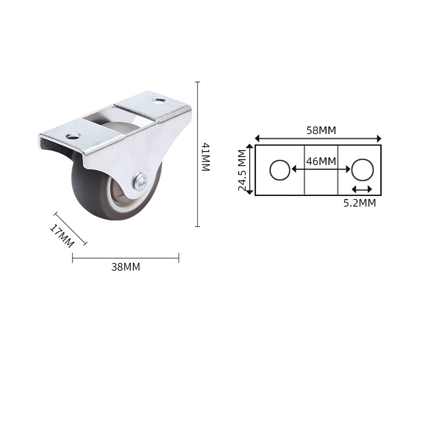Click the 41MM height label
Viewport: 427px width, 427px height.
click(205, 156)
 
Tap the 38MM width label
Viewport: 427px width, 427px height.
click(125, 267)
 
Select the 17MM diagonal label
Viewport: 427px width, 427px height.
click(61, 235)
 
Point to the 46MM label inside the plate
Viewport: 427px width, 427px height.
click(321, 161)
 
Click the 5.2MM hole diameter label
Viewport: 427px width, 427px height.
click(360, 203)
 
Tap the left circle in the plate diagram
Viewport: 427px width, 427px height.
click(280, 170)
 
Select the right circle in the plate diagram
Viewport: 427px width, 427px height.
click(362, 170)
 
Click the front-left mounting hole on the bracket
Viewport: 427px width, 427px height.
click(72, 136)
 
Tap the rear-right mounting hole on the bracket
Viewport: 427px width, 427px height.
click(158, 100)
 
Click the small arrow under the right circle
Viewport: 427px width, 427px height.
click(362, 189)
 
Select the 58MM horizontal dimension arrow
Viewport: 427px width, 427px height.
click(318, 138)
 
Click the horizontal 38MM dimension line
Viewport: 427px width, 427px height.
click(125, 258)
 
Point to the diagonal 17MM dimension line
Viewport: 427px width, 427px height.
click(70, 229)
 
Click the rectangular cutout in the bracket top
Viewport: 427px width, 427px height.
click(118, 115)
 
